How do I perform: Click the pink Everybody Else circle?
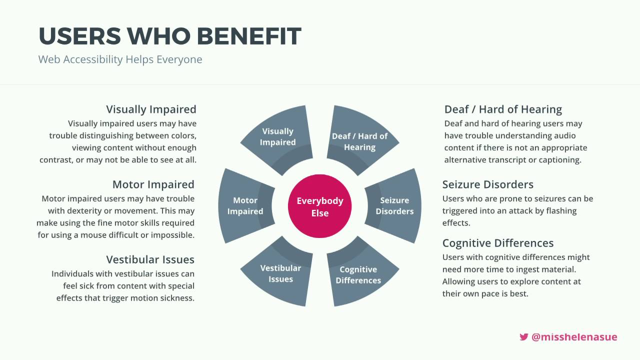[x=319, y=206]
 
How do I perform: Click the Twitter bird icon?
[x=523, y=337]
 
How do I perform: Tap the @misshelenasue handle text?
[x=574, y=337]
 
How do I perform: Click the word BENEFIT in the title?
[x=249, y=36]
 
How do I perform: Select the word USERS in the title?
[x=79, y=36]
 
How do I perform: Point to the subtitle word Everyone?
[x=179, y=59]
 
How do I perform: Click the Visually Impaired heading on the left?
[x=151, y=109]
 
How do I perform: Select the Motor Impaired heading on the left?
[x=153, y=184]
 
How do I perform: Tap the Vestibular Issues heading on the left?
[x=150, y=259]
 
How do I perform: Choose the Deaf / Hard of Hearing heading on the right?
[x=503, y=109]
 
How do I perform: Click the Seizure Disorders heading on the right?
[x=487, y=184]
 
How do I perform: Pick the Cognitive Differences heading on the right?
[x=498, y=243]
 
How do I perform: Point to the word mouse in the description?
[x=95, y=235]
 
